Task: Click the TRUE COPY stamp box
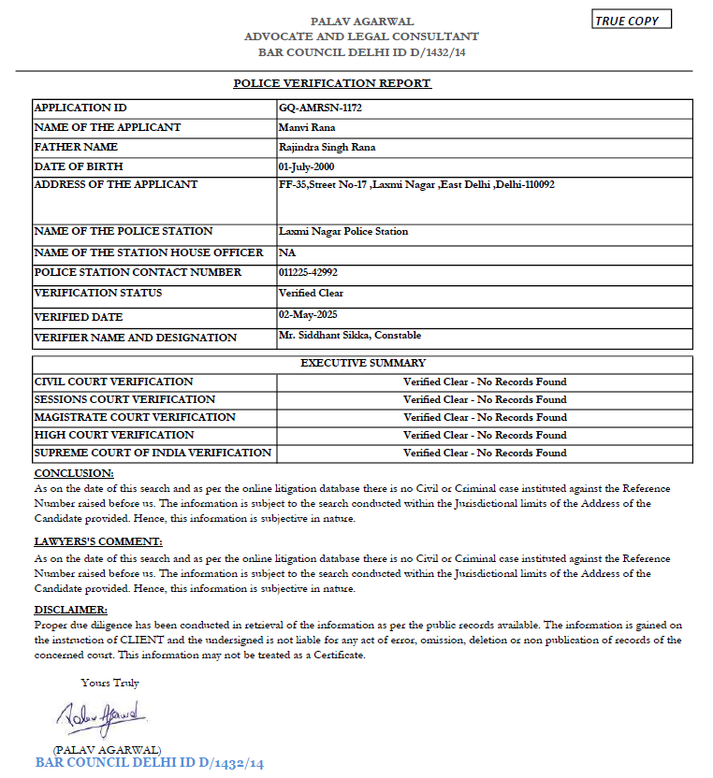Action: click(633, 21)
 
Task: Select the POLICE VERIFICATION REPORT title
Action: click(332, 83)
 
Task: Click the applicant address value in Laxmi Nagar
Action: click(416, 185)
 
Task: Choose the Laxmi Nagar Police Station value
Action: click(343, 231)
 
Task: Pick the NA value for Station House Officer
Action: click(286, 252)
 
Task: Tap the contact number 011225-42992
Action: click(308, 272)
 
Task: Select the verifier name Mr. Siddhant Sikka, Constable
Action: click(350, 335)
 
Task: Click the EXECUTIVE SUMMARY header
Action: click(363, 363)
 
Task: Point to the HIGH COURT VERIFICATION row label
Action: click(114, 435)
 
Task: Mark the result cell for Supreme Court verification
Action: click(485, 453)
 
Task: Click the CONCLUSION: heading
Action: click(73, 473)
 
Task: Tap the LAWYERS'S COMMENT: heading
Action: click(97, 541)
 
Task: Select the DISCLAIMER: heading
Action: click(70, 610)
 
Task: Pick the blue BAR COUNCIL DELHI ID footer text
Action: click(150, 764)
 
